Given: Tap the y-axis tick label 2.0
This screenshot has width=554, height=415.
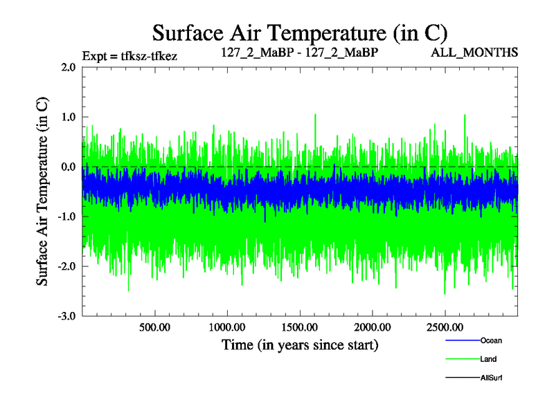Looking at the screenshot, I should (68, 68).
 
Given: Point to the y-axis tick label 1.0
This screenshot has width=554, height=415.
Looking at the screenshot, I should (68, 118).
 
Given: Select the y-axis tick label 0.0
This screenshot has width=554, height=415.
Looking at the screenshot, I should (68, 167).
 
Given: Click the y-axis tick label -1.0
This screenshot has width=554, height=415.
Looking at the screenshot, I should (66, 217).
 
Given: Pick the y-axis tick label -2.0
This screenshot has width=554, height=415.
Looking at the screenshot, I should (66, 267).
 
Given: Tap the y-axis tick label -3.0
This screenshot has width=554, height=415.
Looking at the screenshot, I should (66, 317).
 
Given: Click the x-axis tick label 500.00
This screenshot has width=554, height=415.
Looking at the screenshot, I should (154, 327).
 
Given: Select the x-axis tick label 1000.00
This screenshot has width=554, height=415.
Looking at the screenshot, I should (227, 327).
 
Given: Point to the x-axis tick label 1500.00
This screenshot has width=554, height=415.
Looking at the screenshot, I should (300, 327).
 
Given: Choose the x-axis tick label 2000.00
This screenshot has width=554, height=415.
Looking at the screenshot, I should (372, 327).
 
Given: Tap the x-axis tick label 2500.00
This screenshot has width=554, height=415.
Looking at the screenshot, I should (445, 327).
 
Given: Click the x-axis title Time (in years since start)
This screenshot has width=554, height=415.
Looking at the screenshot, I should (300, 344).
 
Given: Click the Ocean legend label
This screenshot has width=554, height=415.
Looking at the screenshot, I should (491, 340).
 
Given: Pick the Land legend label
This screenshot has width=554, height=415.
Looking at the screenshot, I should (488, 359).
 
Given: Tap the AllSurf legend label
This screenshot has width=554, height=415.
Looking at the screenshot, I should (491, 378).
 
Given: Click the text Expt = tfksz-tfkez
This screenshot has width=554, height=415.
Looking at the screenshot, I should (129, 55).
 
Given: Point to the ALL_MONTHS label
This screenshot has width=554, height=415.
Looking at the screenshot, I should (474, 53).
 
